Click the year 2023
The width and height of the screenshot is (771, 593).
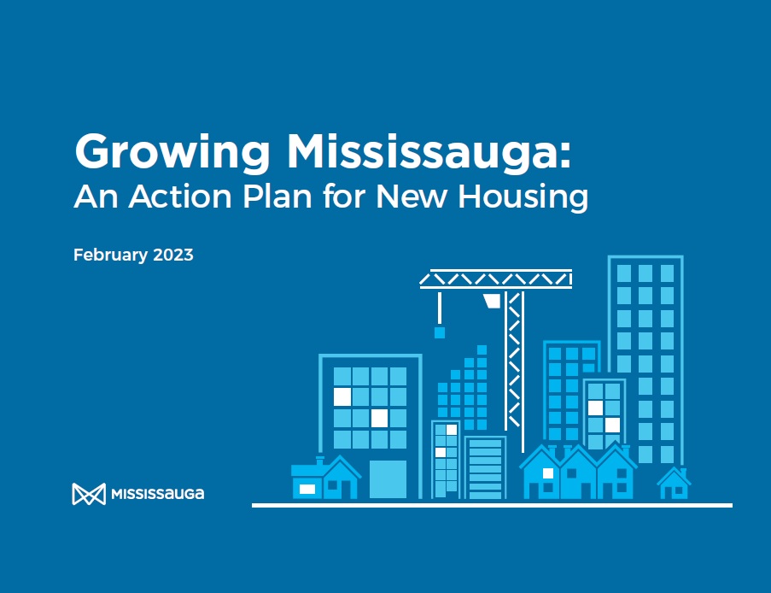pyautogui.click(x=172, y=255)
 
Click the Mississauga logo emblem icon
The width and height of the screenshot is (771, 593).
pyautogui.click(x=88, y=494)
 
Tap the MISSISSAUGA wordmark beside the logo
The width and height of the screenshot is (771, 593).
pyautogui.click(x=158, y=494)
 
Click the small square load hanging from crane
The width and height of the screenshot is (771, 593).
pyautogui.click(x=440, y=332)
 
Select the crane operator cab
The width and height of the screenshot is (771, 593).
pyautogui.click(x=492, y=301)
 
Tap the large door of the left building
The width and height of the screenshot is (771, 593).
pyautogui.click(x=388, y=479)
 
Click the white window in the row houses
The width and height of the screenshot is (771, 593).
pyautogui.click(x=547, y=473)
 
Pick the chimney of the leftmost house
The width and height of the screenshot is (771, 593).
pyautogui.click(x=320, y=461)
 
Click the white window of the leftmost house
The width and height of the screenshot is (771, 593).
pyautogui.click(x=307, y=489)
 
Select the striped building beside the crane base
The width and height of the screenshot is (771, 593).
pyautogui.click(x=486, y=467)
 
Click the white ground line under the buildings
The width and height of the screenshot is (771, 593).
pyautogui.click(x=492, y=505)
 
